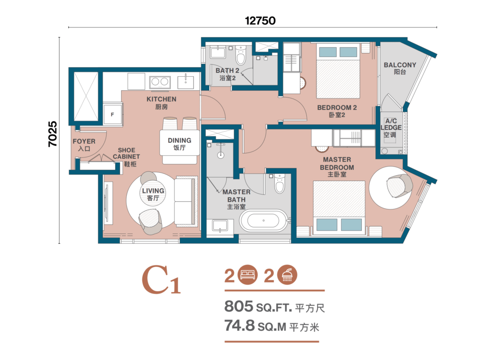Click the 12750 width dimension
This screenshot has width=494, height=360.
(x=260, y=21)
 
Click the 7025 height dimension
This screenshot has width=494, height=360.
(x=53, y=134)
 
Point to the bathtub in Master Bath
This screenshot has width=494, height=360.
(x=264, y=221)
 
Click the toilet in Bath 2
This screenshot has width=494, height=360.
(x=241, y=55)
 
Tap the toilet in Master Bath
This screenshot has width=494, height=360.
(x=279, y=183)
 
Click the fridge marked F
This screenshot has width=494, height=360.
(x=113, y=114)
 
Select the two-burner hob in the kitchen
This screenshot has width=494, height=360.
(x=160, y=82)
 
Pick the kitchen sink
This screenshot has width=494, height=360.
(x=186, y=82)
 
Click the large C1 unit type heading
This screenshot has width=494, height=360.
(x=161, y=280)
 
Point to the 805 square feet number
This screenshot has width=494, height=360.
(x=238, y=306)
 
